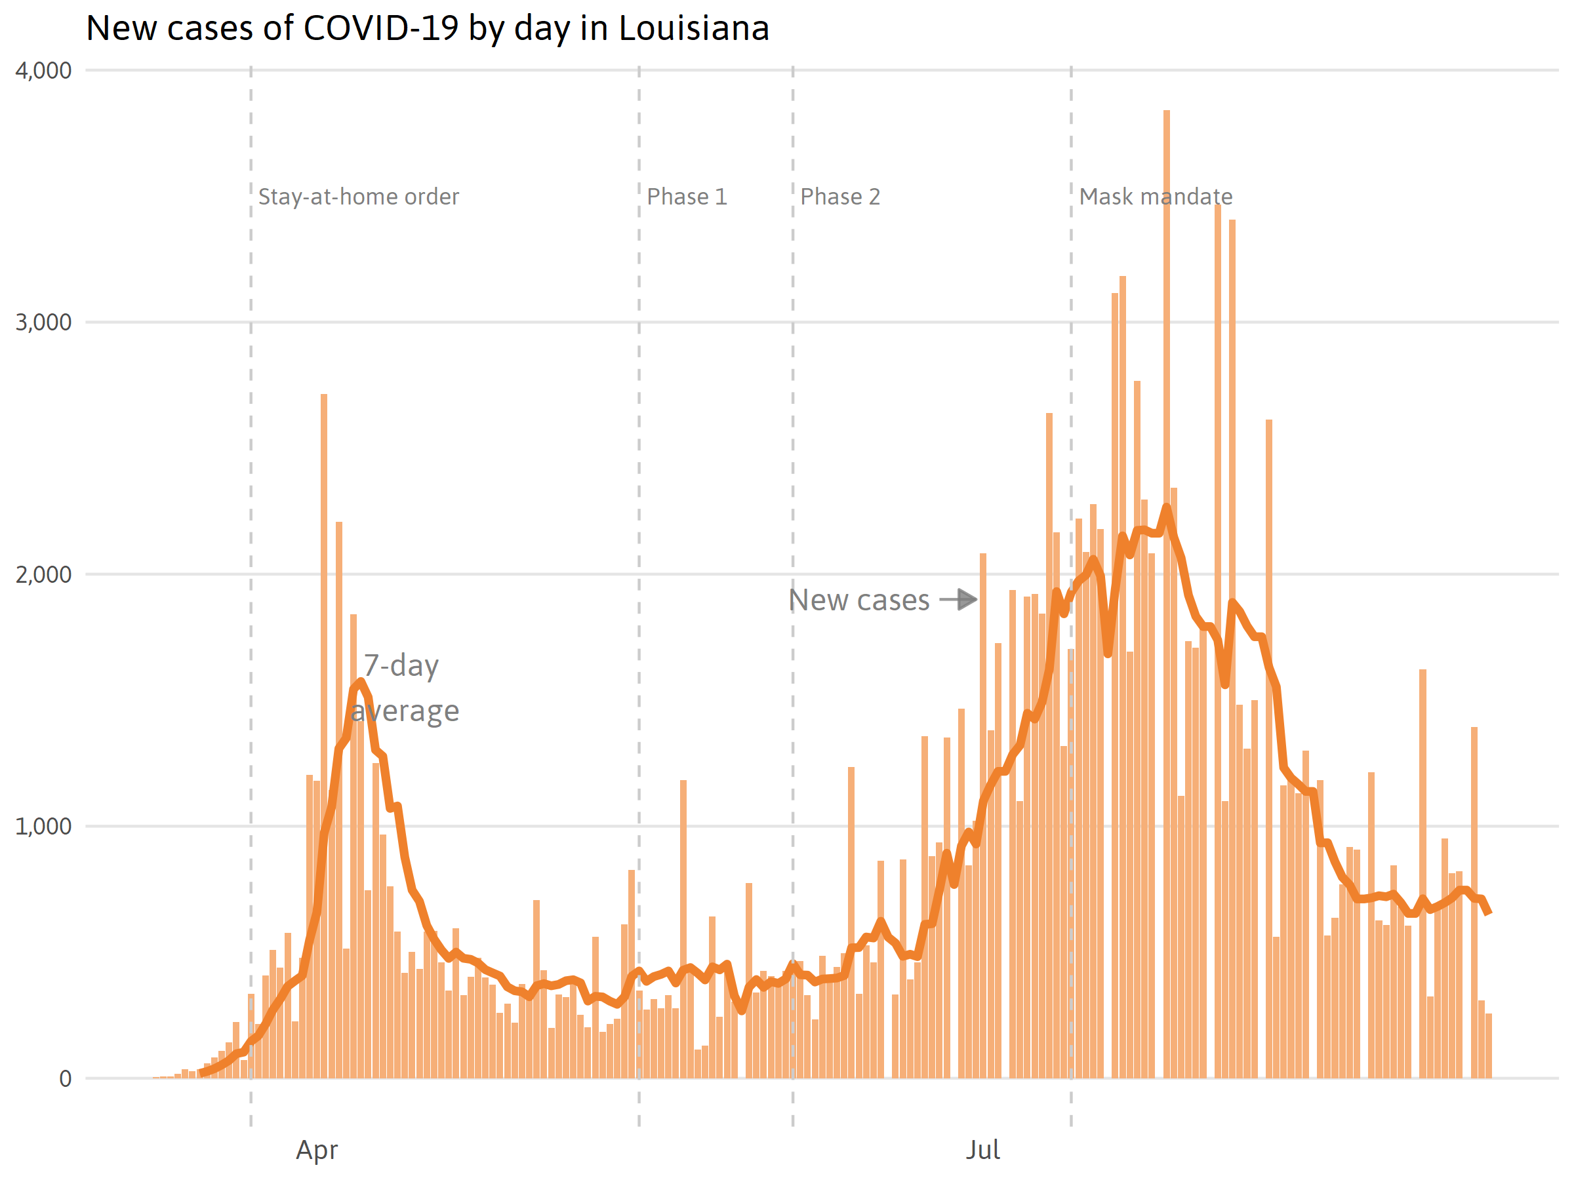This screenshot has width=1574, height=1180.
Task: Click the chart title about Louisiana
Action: pyautogui.click(x=427, y=28)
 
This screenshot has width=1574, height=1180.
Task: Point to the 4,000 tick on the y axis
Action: pyautogui.click(x=43, y=70)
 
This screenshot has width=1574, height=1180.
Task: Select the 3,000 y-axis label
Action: pyautogui.click(x=43, y=323)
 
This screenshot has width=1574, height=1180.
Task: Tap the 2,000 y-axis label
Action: pyautogui.click(x=43, y=574)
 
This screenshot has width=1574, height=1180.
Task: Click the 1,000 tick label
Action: pyautogui.click(x=43, y=826)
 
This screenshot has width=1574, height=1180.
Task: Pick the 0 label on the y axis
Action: pyautogui.click(x=65, y=1078)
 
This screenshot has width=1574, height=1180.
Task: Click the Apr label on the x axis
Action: pyautogui.click(x=317, y=1150)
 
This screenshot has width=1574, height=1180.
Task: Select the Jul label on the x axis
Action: pyautogui.click(x=982, y=1150)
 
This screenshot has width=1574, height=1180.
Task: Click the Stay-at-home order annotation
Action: pyautogui.click(x=359, y=196)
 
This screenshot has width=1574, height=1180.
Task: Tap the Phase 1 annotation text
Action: pyautogui.click(x=687, y=196)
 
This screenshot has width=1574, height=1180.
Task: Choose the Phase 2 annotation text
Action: pyautogui.click(x=839, y=196)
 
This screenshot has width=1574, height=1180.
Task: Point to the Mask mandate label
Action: pyautogui.click(x=1156, y=196)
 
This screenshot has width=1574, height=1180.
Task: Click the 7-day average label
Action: pyautogui.click(x=404, y=688)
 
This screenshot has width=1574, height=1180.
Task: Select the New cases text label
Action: pyautogui.click(x=859, y=600)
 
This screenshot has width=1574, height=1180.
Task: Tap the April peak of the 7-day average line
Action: pyautogui.click(x=361, y=682)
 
